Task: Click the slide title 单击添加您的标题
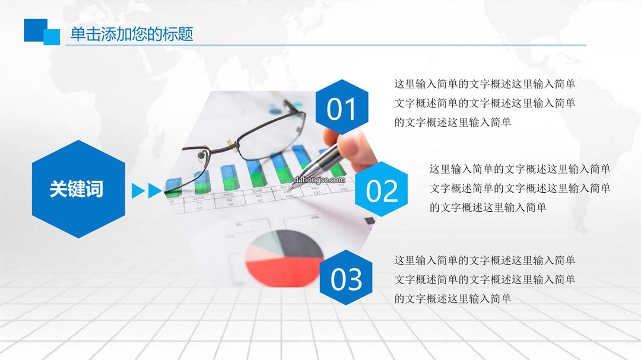pyautogui.click(x=132, y=34)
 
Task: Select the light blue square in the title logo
pyautogui.click(x=52, y=37)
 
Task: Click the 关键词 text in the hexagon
pyautogui.click(x=77, y=189)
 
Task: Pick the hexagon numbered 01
pyautogui.click(x=342, y=107)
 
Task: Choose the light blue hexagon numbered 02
pyautogui.click(x=382, y=189)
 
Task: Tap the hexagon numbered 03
pyautogui.click(x=346, y=278)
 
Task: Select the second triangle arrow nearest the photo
pyautogui.click(x=154, y=191)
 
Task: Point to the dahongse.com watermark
pyautogui.click(x=319, y=180)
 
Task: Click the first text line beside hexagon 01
pyautogui.click(x=484, y=84)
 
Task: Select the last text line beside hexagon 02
pyautogui.click(x=488, y=208)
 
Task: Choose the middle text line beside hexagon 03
pyautogui.click(x=484, y=279)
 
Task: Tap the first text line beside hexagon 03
pyautogui.click(x=484, y=260)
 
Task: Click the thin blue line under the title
pyautogui.click(x=326, y=45)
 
